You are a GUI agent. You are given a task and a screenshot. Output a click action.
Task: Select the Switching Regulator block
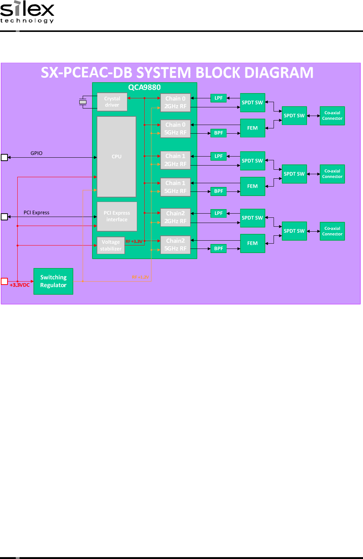click(53, 281)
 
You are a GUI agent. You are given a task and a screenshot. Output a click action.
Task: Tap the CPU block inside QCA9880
click(116, 157)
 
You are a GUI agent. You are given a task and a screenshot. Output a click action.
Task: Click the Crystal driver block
click(112, 102)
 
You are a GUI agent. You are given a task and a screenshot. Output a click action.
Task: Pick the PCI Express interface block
click(117, 216)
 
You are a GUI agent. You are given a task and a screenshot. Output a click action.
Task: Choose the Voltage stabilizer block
click(111, 246)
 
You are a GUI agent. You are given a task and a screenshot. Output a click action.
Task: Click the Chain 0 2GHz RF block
click(175, 102)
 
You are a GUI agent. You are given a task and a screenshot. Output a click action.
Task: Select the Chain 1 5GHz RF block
click(175, 187)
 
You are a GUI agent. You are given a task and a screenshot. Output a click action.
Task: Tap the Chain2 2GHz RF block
click(175, 217)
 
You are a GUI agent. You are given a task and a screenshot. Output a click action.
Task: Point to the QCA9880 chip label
click(144, 87)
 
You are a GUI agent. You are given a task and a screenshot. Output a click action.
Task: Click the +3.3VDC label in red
click(20, 285)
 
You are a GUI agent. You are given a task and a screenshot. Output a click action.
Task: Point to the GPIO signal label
click(36, 153)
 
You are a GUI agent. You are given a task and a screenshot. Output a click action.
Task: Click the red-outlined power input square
click(5, 281)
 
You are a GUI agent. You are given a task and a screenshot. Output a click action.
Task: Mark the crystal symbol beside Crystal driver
click(83, 102)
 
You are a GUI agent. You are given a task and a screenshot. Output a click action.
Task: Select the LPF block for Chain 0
click(218, 98)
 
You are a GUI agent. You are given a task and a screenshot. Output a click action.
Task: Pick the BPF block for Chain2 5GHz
click(218, 249)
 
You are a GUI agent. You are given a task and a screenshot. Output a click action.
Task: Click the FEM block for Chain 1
click(253, 186)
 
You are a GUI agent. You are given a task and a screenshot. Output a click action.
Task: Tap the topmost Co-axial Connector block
click(332, 116)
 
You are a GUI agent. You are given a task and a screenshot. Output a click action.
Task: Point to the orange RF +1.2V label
click(140, 277)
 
